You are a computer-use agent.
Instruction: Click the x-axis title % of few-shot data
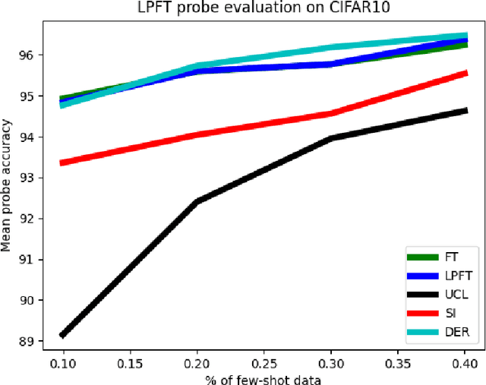pos(263,378)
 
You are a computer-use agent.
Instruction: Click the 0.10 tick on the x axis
pos(62,362)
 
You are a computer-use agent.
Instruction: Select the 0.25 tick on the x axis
pos(264,362)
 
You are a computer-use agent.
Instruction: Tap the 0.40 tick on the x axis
pos(465,362)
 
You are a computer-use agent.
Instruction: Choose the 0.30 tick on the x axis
pos(331,362)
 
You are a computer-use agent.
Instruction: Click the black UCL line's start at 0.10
pos(62,334)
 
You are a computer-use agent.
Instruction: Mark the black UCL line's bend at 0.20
pos(197,202)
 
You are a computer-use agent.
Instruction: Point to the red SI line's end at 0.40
pos(465,73)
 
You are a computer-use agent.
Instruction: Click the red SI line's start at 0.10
pos(62,163)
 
